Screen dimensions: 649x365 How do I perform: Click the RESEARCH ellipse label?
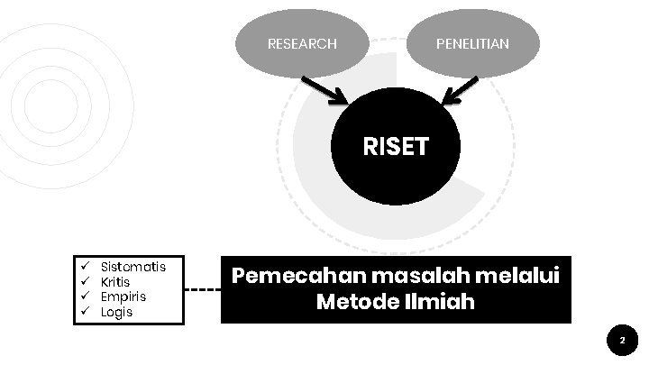coord(302,43)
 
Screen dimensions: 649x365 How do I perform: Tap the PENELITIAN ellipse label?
coord(472,43)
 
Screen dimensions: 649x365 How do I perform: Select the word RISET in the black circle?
coord(395,147)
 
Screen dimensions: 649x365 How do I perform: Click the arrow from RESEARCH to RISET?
coord(325,90)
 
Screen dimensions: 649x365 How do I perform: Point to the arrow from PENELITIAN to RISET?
coord(461,90)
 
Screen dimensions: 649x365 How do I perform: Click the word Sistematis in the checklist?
coord(133,267)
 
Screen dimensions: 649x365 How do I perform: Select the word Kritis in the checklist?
coord(115,282)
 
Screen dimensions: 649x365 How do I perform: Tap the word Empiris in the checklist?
coord(123,297)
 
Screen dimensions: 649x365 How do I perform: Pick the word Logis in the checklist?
coord(117,312)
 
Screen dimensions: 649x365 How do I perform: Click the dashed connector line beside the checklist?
coord(204,290)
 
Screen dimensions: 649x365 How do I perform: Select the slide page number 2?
coord(621,341)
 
